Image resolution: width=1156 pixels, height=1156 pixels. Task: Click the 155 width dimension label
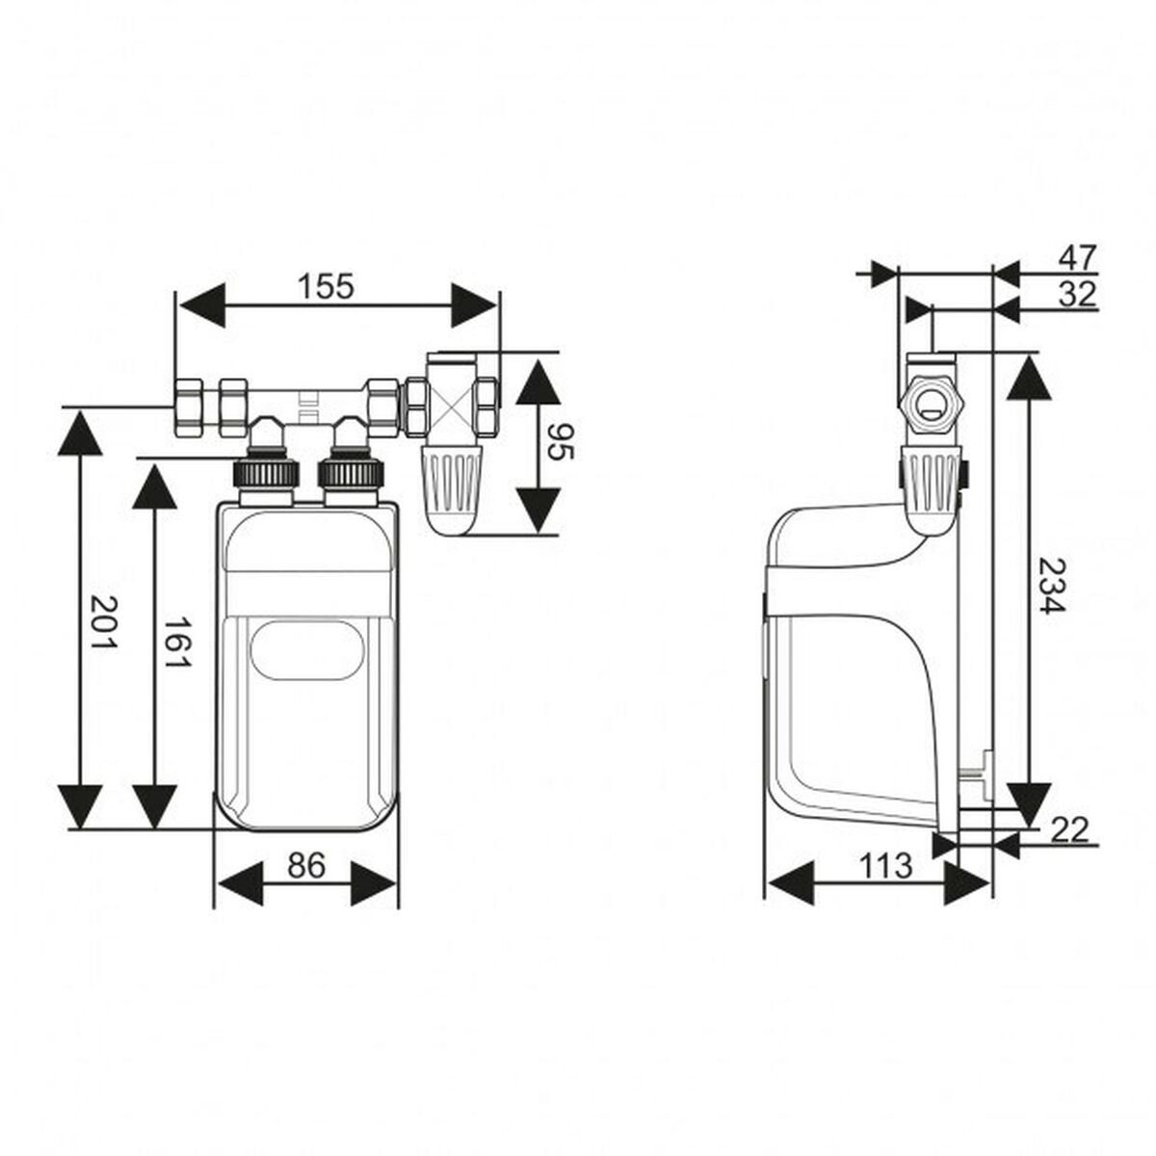tap(326, 286)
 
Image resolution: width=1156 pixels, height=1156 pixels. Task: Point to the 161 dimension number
tap(174, 644)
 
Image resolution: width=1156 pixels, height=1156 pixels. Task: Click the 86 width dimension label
tap(306, 866)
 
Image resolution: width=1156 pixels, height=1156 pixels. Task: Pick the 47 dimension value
tap(1077, 257)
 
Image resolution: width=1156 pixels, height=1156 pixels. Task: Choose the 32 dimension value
tap(1077, 294)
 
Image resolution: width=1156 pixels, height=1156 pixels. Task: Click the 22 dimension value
tap(1068, 828)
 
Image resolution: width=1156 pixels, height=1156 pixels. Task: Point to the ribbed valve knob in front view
tap(452, 482)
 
